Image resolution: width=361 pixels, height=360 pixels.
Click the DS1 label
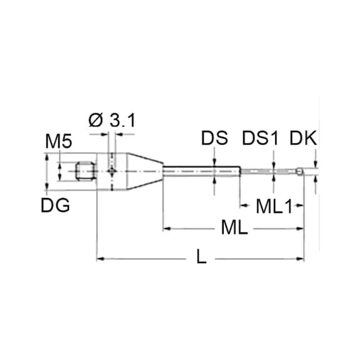[259, 138]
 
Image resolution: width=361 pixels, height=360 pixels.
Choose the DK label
[303, 138]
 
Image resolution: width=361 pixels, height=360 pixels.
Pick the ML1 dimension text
[275, 205]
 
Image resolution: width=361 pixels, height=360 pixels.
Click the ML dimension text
[234, 229]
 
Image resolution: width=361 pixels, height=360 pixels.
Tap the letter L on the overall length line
[201, 257]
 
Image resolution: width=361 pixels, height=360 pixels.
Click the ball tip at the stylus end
[301, 171]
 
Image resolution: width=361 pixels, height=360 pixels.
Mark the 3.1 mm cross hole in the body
[111, 170]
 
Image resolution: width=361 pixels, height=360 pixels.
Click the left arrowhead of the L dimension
[100, 257]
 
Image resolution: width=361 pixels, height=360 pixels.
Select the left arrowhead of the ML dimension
[167, 229]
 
